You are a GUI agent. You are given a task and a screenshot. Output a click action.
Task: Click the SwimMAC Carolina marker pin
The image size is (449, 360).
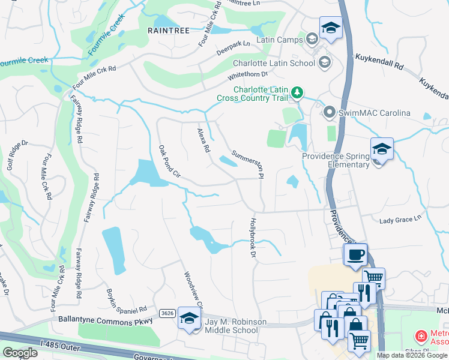(x=329, y=112)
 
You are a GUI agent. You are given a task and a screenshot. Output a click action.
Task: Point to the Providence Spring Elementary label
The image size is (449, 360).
(x=335, y=160)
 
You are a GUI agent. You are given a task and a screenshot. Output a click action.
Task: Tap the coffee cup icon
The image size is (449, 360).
(x=355, y=254)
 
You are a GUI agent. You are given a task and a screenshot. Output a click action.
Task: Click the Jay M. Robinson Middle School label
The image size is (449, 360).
(x=235, y=326)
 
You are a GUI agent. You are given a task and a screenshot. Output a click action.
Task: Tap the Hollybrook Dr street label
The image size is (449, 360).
(x=252, y=238)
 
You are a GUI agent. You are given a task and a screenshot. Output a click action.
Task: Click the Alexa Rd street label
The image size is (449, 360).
(x=203, y=139)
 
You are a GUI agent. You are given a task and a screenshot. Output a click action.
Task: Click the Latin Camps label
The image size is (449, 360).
(x=278, y=40)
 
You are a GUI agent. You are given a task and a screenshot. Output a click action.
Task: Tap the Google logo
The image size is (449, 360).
(x=20, y=352)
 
